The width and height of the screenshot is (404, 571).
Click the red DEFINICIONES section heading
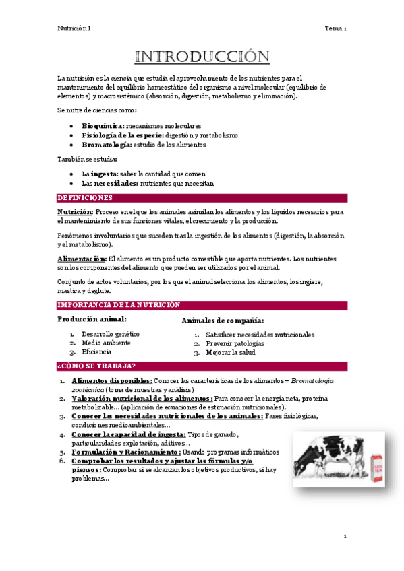[85, 198]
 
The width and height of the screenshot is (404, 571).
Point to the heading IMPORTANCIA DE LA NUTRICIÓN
[118, 305]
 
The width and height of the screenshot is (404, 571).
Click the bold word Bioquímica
[103, 125]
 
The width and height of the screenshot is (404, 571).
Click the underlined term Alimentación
[82, 259]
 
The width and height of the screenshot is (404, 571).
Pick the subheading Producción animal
[92, 318]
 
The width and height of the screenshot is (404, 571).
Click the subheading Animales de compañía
[223, 321]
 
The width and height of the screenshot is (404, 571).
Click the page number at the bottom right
[344, 536]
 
